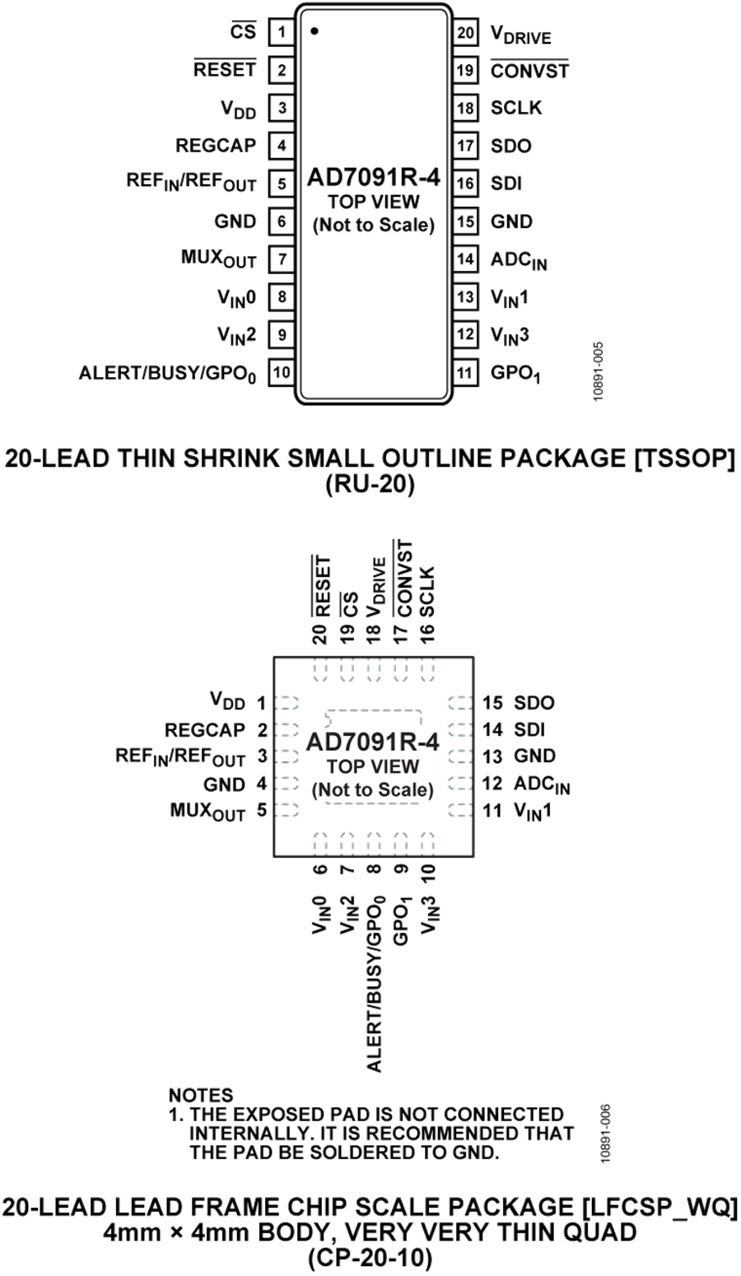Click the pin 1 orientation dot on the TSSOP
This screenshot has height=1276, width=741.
click(315, 32)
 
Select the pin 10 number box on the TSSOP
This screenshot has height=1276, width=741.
click(282, 373)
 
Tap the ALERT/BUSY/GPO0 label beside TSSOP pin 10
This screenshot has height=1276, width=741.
click(168, 374)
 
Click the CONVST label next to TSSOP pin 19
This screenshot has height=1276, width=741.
click(529, 71)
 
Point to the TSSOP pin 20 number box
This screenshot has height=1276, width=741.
click(466, 33)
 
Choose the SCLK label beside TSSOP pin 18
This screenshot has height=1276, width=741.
click(516, 108)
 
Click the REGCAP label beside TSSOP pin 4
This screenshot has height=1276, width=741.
click(216, 146)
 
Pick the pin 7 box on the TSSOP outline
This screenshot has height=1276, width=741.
click(282, 259)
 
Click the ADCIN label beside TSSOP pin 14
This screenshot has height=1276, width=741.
click(519, 260)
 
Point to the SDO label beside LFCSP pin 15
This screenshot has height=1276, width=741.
click(534, 703)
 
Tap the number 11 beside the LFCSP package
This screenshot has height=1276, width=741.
click(492, 811)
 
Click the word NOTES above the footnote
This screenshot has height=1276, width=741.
click(201, 1095)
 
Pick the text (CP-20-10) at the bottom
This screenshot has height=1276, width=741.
click(370, 1259)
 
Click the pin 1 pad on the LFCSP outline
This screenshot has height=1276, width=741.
click(287, 704)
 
